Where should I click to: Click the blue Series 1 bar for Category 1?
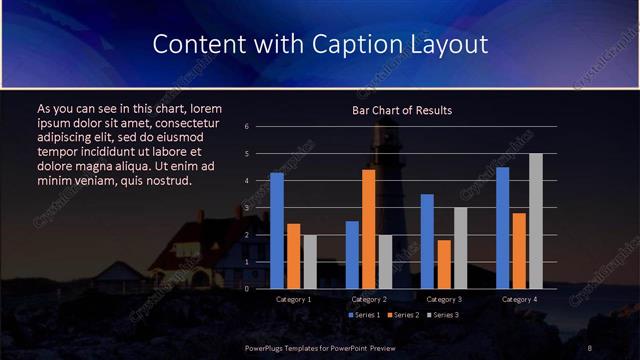pyautogui.click(x=277, y=231)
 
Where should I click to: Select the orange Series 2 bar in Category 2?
pyautogui.click(x=368, y=229)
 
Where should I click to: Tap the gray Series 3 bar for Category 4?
pyautogui.click(x=536, y=221)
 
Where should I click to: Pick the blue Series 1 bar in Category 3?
pyautogui.click(x=427, y=241)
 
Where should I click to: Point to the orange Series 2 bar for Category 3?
pyautogui.click(x=443, y=264)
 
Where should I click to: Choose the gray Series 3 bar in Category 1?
pyautogui.click(x=310, y=261)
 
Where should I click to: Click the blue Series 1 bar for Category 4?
pyautogui.click(x=502, y=228)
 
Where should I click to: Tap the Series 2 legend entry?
pyautogui.click(x=401, y=315)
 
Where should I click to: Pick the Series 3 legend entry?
pyautogui.click(x=441, y=315)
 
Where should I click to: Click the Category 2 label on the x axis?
pyautogui.click(x=368, y=299)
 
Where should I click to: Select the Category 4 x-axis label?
pyautogui.click(x=518, y=299)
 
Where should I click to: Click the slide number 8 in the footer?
pyautogui.click(x=591, y=347)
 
